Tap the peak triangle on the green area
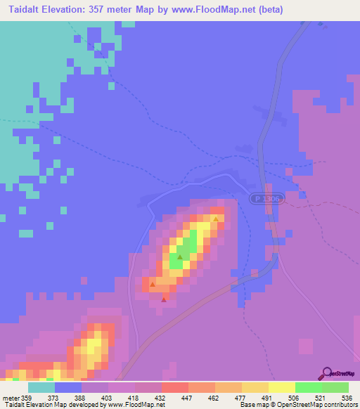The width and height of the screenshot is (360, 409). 180,257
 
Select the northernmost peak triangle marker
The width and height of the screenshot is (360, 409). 215,219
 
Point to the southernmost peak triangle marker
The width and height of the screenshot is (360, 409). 164,299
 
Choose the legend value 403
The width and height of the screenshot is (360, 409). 105,398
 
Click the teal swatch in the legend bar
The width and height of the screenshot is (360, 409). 41,387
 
